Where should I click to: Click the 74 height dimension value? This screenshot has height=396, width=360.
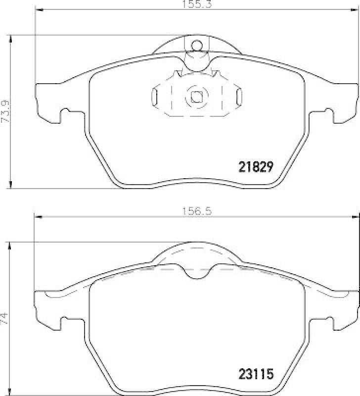[x=5, y=316]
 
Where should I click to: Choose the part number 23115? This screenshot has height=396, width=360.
[x=256, y=373]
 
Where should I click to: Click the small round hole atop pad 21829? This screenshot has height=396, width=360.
[x=196, y=46]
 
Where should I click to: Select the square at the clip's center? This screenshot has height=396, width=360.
[x=196, y=97]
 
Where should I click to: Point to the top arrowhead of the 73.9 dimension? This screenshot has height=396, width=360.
[x=11, y=38]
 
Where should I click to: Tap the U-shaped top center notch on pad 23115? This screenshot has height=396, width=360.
[x=197, y=272]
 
